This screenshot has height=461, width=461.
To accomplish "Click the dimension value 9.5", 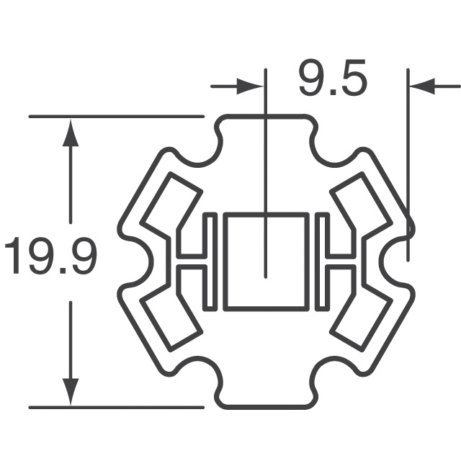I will click(333, 81).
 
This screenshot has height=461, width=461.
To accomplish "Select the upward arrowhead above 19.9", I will click(70, 133).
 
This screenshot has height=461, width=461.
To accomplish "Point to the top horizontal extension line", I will click(115, 115).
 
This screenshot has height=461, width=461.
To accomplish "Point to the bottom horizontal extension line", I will click(115, 408).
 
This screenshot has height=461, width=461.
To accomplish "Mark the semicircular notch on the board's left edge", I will click(137, 261).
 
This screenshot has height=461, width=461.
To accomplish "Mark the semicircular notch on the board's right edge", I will click(396, 261).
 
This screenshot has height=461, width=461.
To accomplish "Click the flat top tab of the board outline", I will click(267, 116).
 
